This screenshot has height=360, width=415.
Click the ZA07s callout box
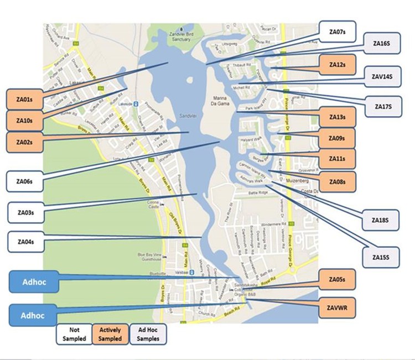337,29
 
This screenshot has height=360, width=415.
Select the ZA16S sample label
382,43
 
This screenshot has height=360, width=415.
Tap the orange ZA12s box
337,65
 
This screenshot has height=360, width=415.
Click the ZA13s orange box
337,117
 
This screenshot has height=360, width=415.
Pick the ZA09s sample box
337,138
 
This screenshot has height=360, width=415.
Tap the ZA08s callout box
337,181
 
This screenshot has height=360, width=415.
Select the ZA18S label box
382,220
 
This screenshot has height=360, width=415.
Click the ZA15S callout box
382,257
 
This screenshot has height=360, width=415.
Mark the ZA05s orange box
337,279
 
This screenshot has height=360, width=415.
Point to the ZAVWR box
337,304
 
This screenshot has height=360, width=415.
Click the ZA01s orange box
24,100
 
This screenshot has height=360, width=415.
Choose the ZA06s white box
25,181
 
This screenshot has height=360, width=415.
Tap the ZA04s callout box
25,241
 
